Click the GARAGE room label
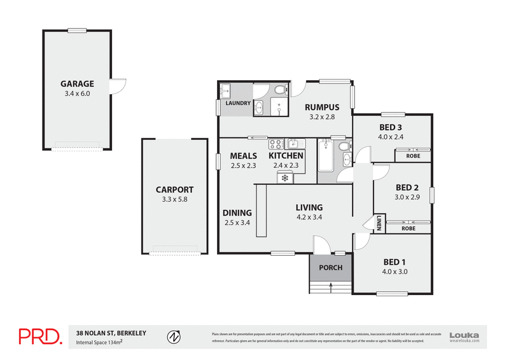click(x=77, y=83)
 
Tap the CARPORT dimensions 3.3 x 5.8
click(x=175, y=199)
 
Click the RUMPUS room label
click(x=321, y=107)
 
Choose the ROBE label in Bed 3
click(x=413, y=155)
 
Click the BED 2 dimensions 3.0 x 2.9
click(x=407, y=197)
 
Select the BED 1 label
click(x=394, y=262)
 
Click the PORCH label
click(x=331, y=268)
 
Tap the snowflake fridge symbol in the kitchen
click(x=284, y=179)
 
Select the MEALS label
click(x=243, y=156)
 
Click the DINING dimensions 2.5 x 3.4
click(x=237, y=223)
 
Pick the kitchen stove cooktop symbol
click(x=276, y=143)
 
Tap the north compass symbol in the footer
click(x=172, y=336)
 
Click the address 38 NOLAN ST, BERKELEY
click(x=111, y=333)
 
